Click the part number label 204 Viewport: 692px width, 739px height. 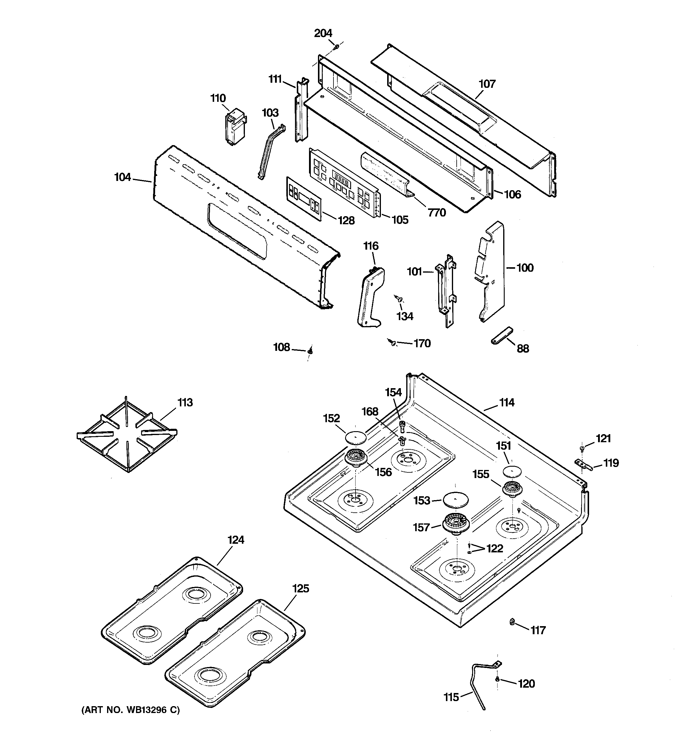point(323,33)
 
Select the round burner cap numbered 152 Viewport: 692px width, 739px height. point(356,437)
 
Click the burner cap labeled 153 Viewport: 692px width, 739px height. point(455,500)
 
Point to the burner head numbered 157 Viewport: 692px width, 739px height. point(455,525)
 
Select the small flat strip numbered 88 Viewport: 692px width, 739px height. point(501,335)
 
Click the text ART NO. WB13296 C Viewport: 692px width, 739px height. point(130,710)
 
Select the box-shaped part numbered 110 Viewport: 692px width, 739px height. point(235,126)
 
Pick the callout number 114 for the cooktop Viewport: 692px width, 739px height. point(507,402)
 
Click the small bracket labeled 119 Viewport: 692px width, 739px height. point(583,464)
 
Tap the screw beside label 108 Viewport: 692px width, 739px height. point(310,350)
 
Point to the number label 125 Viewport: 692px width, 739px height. point(300,589)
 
